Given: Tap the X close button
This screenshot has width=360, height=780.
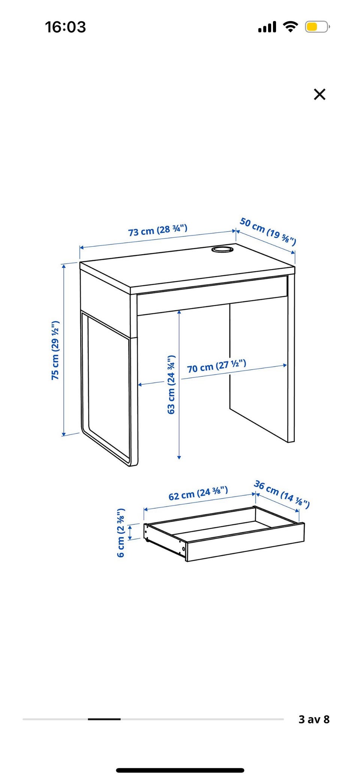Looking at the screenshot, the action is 319,94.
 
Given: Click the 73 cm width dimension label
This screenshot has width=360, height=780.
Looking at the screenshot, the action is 158,230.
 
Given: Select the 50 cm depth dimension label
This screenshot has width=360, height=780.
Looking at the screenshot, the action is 268,231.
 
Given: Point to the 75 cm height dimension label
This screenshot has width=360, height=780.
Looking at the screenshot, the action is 55,350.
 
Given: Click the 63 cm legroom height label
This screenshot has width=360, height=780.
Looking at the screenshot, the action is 171,384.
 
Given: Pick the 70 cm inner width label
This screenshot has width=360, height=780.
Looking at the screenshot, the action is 217,366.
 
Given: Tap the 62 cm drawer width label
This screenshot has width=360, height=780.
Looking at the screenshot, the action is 198,493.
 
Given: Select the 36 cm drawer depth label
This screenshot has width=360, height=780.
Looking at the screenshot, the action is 282,494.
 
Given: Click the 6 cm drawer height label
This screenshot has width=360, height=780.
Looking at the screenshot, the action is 121,533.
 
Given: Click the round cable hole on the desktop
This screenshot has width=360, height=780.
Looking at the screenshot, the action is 222,249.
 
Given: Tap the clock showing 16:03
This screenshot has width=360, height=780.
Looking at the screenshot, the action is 66,27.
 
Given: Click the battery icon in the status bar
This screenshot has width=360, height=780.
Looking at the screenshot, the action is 317,27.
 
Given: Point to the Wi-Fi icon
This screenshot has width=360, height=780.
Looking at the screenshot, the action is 290,27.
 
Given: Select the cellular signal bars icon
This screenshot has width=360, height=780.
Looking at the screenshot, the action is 267,27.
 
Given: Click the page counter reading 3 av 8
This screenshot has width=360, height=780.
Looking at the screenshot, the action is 314,719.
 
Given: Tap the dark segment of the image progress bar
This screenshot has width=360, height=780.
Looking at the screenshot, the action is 104,719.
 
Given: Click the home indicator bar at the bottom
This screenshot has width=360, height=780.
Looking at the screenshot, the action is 180,770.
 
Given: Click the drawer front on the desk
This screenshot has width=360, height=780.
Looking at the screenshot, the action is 212,296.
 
